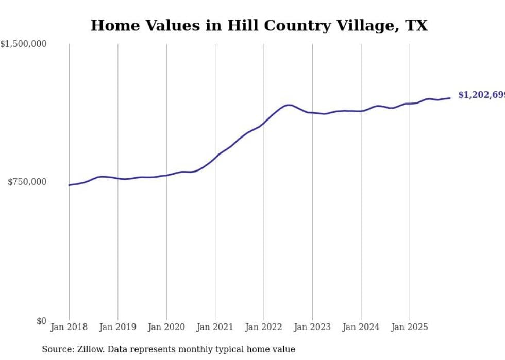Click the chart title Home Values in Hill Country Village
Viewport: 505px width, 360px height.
point(259,25)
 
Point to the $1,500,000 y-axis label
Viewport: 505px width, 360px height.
point(23,44)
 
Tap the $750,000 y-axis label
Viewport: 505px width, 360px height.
point(27,182)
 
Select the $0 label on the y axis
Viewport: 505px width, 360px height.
point(41,321)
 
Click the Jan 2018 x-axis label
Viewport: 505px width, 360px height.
point(69,327)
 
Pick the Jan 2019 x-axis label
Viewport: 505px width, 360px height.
point(117,327)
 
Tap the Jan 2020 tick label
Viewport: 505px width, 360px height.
point(166,327)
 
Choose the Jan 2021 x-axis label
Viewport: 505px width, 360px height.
point(215,327)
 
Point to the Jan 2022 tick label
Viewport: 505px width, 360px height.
point(264,327)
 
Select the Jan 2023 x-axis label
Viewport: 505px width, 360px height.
point(312,327)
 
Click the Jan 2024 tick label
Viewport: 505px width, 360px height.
point(361,327)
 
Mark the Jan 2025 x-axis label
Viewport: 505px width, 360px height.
point(410,327)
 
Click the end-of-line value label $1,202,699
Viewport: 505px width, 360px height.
point(481,95)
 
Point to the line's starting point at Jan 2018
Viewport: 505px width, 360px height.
point(69,185)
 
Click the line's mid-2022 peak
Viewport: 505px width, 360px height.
point(289,105)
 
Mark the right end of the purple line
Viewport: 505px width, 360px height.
point(450,98)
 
